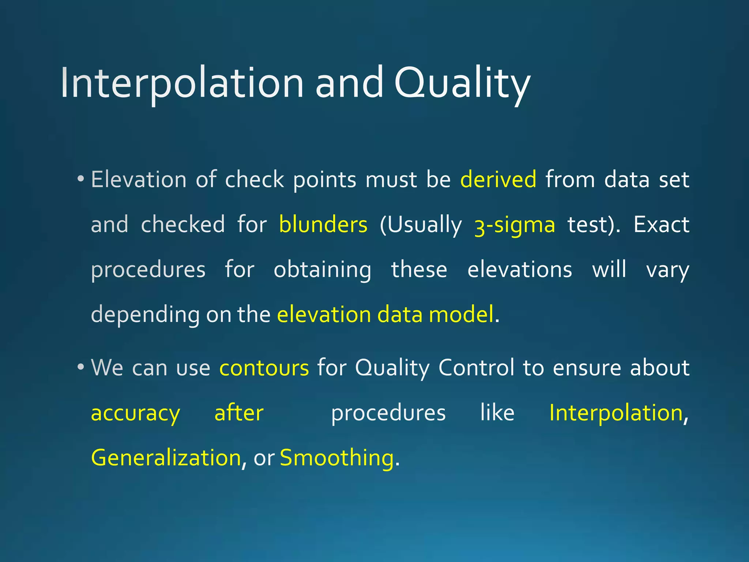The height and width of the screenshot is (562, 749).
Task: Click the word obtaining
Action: [x=322, y=270]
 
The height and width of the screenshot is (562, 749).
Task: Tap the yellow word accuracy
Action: [x=135, y=413]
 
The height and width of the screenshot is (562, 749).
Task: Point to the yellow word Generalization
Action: [x=166, y=458]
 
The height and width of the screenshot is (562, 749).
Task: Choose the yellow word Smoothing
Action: [x=336, y=458]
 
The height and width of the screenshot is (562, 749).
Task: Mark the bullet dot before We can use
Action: [x=80, y=367]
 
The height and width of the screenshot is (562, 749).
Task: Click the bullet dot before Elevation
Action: [x=80, y=179]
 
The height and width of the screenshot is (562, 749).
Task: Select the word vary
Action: [x=667, y=270]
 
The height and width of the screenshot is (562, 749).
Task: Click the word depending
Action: [x=145, y=315]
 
